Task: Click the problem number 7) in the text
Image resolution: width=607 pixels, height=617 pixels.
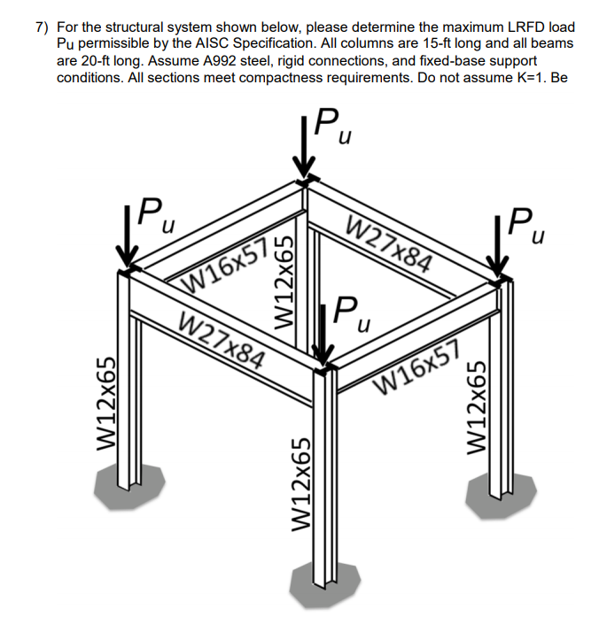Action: click(x=43, y=27)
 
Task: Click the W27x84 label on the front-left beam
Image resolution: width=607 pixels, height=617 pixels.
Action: click(x=222, y=339)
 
